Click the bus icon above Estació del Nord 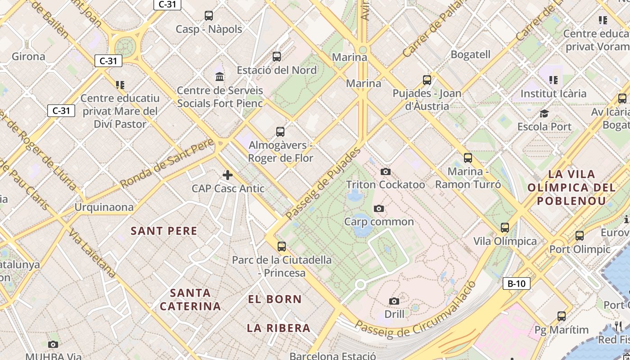[277, 57]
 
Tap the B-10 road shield [516, 283]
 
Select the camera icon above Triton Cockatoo [386, 171]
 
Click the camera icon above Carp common [379, 208]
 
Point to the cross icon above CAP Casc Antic [228, 175]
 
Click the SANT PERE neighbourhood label [164, 231]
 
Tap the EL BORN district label [274, 299]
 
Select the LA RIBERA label [279, 328]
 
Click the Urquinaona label [104, 207]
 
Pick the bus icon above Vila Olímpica [505, 228]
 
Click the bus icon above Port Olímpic [580, 235]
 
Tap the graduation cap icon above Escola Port [544, 113]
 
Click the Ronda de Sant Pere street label [167, 164]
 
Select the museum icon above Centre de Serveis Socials [220, 76]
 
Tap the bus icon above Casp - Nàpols [209, 16]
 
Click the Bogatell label [470, 54]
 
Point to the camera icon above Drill [394, 301]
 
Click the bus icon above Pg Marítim [562, 316]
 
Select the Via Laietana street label [92, 253]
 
